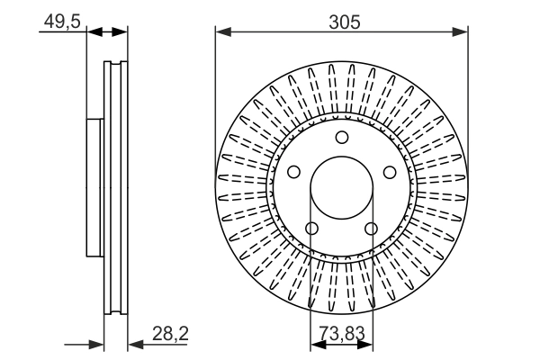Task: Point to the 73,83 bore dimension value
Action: tap(342, 334)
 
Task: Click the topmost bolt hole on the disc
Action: tap(341, 138)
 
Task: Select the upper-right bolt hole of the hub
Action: tap(389, 173)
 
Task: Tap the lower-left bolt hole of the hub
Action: tap(311, 229)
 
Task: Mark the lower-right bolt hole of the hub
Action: tap(371, 229)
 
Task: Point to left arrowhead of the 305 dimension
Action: tap(221, 33)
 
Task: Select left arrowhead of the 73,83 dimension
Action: tap(316, 345)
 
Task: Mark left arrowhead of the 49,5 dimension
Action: tap(92, 33)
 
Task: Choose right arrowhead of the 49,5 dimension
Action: tap(121, 33)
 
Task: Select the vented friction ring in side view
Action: tap(116, 189)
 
